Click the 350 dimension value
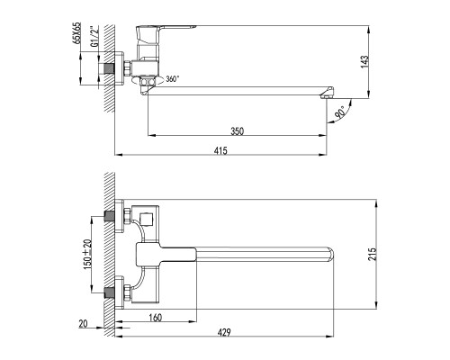237,130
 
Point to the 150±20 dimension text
87,253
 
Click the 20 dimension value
84,323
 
